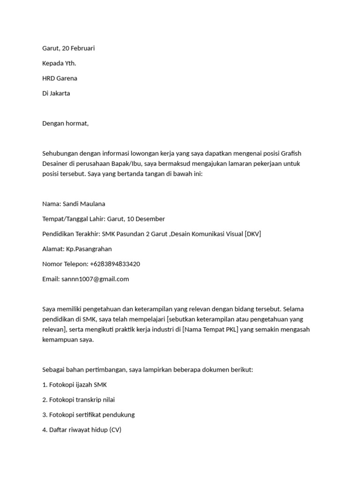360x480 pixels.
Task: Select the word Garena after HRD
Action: click(67, 78)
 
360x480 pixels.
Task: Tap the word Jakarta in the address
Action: click(60, 93)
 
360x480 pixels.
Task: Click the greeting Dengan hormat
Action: click(65, 123)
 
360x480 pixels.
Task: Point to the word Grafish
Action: click(295, 153)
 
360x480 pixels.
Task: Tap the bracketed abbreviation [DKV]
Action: click(253, 234)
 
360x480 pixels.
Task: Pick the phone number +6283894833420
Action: click(115, 264)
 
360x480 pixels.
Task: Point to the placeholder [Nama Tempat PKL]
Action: click(210, 329)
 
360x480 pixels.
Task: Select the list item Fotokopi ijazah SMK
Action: click(78, 385)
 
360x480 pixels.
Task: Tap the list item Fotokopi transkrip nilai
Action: click(82, 400)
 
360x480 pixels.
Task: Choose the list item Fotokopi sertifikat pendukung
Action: click(92, 415)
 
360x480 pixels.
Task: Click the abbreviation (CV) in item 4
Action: click(115, 430)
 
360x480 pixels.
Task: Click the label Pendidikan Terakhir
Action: click(71, 234)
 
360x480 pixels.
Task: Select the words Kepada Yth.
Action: click(59, 63)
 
